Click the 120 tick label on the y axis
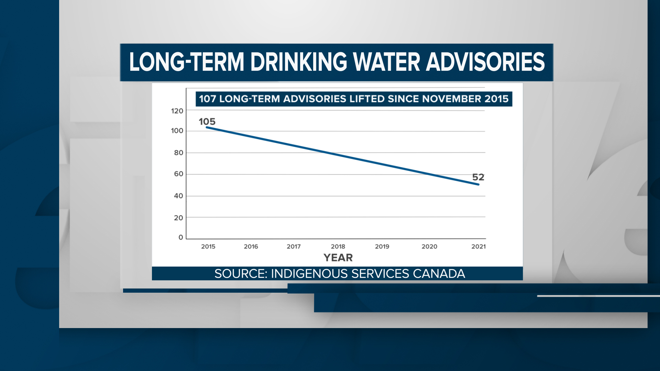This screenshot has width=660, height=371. [x=177, y=111]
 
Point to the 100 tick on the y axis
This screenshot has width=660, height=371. [x=177, y=131]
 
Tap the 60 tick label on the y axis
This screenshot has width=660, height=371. [x=178, y=174]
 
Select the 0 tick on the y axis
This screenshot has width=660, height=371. [x=181, y=237]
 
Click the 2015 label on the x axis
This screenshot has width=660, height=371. [x=208, y=247]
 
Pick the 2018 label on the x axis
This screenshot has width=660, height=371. [x=338, y=247]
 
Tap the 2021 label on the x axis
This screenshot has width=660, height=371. [x=478, y=247]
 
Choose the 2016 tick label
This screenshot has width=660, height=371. [x=251, y=247]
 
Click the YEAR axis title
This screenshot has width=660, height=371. [x=338, y=258]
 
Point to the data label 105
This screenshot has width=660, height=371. [x=207, y=122]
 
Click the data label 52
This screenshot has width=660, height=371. [x=478, y=177]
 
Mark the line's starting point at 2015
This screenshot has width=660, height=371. [x=207, y=127]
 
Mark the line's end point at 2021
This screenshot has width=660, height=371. [x=478, y=184]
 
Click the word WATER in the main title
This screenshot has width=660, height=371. [x=386, y=62]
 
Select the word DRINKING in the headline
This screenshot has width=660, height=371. [x=299, y=62]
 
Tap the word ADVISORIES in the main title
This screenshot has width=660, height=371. [x=485, y=62]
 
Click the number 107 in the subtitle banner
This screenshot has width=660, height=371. [x=207, y=99]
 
